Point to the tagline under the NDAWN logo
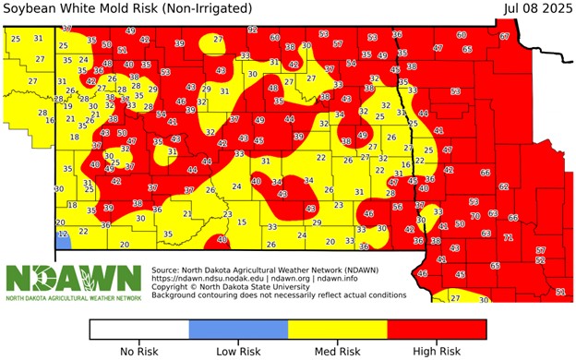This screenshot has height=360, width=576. [74, 298]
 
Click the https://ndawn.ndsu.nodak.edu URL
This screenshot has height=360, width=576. [208, 279]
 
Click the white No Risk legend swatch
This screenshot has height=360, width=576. [138, 329]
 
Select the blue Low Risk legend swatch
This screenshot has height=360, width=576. [238, 329]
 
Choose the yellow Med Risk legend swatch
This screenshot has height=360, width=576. [338, 329]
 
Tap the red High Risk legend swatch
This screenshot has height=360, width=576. [437, 329]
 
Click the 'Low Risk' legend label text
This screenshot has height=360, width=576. [238, 351]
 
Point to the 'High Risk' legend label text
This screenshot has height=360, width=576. [437, 351]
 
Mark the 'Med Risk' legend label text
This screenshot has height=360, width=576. [338, 351]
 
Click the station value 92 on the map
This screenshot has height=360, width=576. [252, 30]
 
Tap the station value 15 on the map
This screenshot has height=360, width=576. [242, 222]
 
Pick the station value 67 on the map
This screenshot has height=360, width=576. [504, 36]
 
